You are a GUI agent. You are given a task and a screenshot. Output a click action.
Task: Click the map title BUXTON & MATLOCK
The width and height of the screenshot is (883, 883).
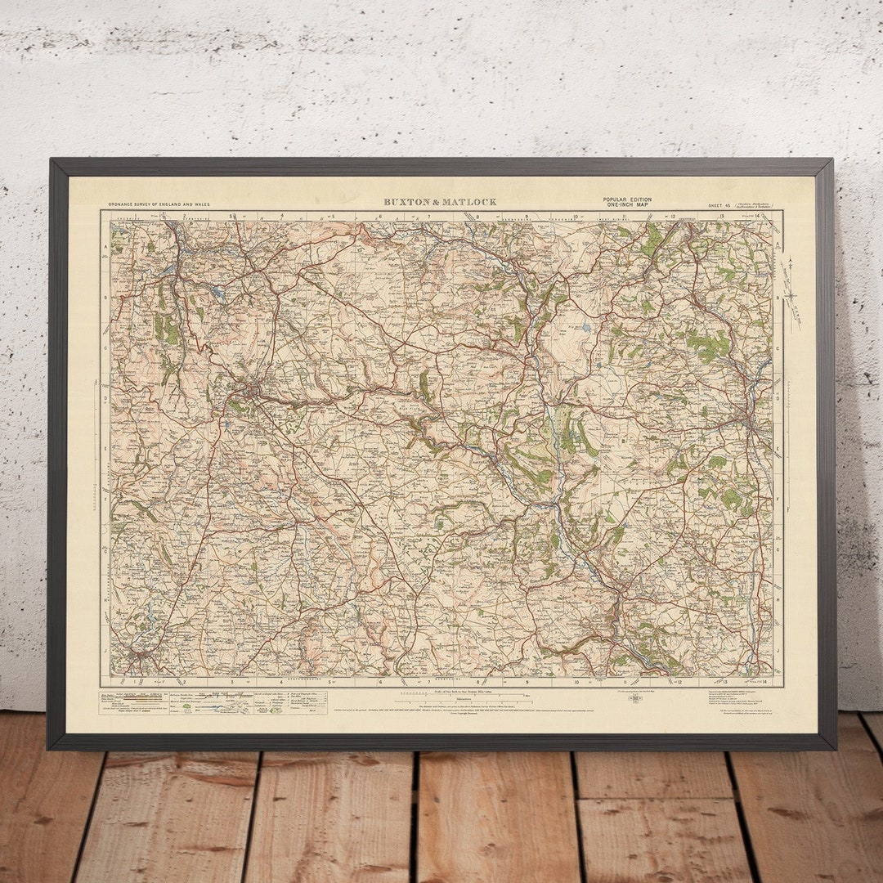coord(440,202)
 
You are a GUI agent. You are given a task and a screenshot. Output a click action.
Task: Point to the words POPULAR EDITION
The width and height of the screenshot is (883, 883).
coord(627,199)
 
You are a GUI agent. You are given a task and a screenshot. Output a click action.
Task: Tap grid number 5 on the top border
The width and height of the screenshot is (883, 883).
coord(333,217)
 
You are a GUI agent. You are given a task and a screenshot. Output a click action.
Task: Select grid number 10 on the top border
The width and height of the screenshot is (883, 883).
coord(576,217)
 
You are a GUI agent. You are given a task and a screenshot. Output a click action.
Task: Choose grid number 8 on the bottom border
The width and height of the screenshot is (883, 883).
coord(479,681)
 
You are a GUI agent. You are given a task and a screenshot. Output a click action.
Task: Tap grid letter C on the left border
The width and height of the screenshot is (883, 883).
coord(105,347)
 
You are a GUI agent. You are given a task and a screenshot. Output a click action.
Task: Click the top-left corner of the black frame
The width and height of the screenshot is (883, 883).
coord(52,161)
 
